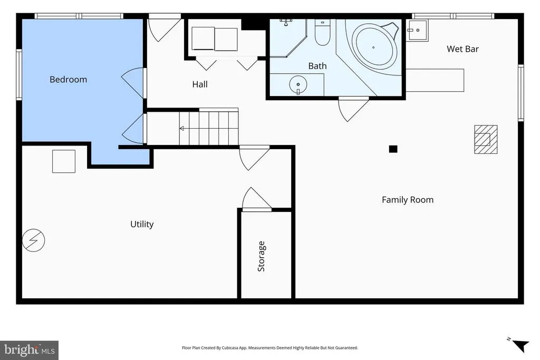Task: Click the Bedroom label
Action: pos(68,80)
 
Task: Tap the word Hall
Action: pos(200,84)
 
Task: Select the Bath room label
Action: pos(317,66)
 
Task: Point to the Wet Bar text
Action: pos(462,49)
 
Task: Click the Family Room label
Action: pos(408,200)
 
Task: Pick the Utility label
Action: pos(142,224)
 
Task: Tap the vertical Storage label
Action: pos(261,256)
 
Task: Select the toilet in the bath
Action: pos(322,33)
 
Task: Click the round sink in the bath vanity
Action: pos(298,85)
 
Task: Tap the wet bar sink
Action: pos(417,30)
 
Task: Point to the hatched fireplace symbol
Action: pos(486,139)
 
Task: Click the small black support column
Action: pos(393,149)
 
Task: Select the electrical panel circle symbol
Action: pos(33,240)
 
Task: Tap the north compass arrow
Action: pos(521,345)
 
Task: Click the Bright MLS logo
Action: pos(30,351)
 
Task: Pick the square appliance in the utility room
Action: pos(64,161)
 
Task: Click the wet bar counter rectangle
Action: pos(435,80)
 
